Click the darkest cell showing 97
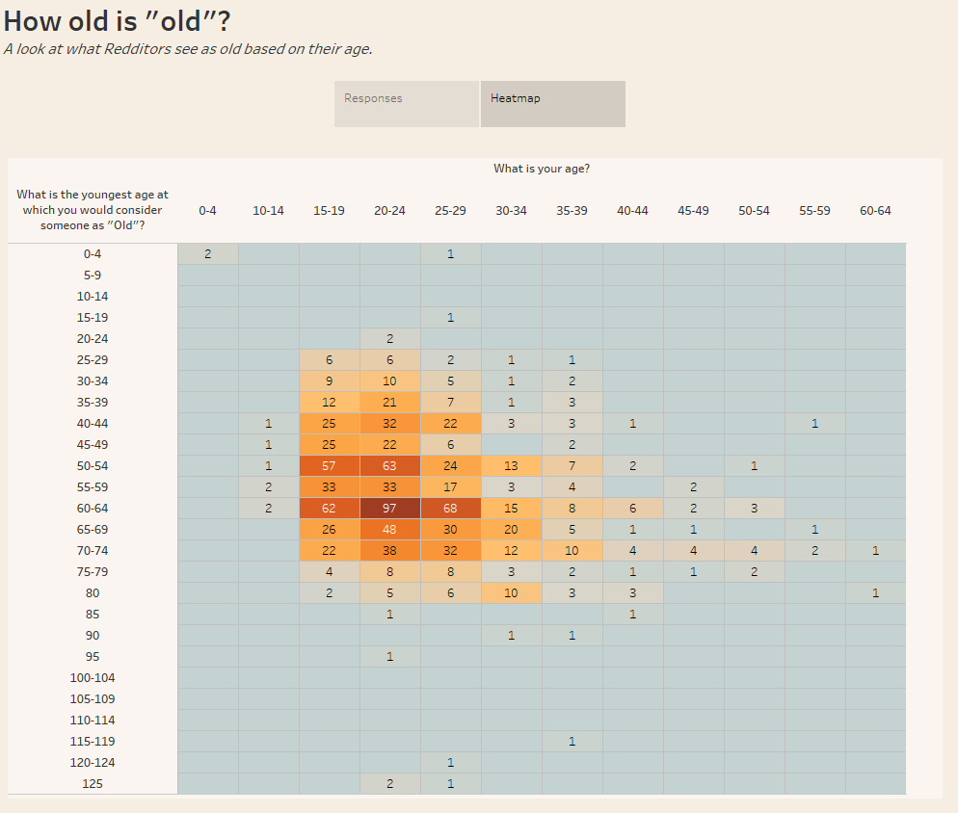pos(389,508)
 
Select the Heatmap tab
pos(552,103)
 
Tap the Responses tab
pos(406,103)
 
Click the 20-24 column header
pos(389,210)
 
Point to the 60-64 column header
pos(875,210)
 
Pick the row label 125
pos(93,784)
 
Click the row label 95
pos(93,657)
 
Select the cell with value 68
pos(450,508)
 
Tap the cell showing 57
pos(329,465)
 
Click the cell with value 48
pos(389,529)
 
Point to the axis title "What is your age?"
pos(542,169)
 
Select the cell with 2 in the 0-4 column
pos(207,253)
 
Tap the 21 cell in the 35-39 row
pos(389,402)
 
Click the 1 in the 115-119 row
pos(572,742)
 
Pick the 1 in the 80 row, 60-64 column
pos(875,593)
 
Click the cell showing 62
pos(329,508)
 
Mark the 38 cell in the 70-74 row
pos(389,550)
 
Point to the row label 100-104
pos(93,678)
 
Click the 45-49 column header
pos(693,210)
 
